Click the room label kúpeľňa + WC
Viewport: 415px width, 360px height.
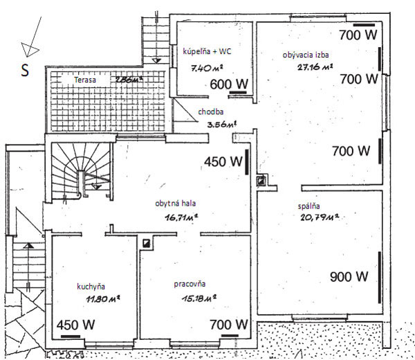click(207, 51)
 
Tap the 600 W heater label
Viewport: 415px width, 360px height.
click(229, 84)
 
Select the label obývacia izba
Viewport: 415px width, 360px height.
click(306, 55)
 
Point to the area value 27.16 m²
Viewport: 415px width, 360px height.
click(315, 66)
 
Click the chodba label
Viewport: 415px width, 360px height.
click(211, 111)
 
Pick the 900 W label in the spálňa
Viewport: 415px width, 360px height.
click(349, 277)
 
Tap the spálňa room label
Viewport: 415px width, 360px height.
click(308, 206)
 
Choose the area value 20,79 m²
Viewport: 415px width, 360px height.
click(320, 217)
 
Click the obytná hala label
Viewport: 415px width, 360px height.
click(176, 203)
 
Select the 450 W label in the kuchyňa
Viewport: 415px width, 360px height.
click(75, 325)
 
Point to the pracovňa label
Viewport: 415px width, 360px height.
click(190, 284)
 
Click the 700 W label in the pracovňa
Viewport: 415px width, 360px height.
click(229, 325)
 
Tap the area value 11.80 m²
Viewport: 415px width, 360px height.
click(103, 299)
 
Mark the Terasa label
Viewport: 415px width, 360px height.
click(85, 80)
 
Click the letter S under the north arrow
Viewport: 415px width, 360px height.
click(25, 70)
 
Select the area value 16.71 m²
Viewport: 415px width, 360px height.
click(181, 218)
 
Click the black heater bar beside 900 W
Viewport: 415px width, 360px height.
click(380, 278)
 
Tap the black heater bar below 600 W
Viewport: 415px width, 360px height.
click(238, 93)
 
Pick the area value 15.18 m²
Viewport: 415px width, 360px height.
click(199, 298)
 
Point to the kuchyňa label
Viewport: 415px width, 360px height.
click(91, 287)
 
